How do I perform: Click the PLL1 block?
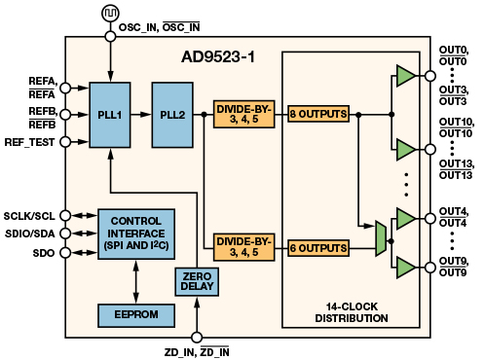(x=110, y=115)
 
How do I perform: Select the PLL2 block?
(x=172, y=115)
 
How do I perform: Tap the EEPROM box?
(x=136, y=315)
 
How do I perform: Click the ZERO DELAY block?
(x=197, y=281)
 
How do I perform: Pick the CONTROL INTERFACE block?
(x=136, y=234)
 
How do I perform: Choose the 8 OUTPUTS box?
(x=318, y=114)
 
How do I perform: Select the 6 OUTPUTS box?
(x=318, y=248)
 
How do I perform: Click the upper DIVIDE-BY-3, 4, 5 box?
(x=244, y=114)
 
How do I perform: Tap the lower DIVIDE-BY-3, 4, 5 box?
(x=244, y=247)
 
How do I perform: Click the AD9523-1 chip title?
(x=218, y=57)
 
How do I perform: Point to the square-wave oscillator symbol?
(x=110, y=14)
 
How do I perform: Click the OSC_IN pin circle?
(x=110, y=36)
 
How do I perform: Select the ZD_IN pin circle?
(x=197, y=338)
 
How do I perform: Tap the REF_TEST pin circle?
(x=65, y=142)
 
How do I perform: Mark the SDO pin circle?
(x=65, y=253)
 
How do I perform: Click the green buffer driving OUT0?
(x=406, y=76)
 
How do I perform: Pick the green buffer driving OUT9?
(x=406, y=268)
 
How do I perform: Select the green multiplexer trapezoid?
(x=381, y=238)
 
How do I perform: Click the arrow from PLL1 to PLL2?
(x=141, y=115)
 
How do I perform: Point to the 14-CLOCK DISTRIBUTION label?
(x=352, y=312)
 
